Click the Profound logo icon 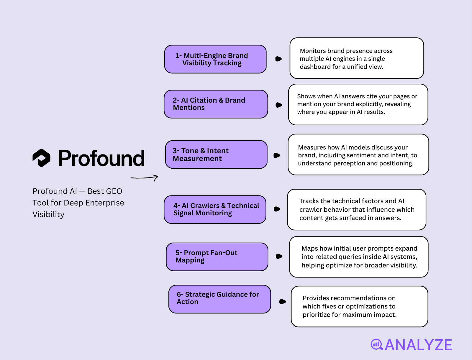[41, 158]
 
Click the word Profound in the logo [101, 158]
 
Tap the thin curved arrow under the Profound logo [144, 177]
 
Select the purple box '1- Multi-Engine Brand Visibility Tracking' [215, 59]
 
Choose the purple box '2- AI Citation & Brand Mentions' [216, 104]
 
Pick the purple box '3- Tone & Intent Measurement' [216, 154]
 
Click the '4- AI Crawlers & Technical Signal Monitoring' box [215, 209]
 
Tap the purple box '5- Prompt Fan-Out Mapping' [217, 257]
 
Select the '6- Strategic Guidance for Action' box [219, 299]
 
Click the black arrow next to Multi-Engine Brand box [278, 59]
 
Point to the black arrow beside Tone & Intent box [277, 155]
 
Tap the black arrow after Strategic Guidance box [282, 302]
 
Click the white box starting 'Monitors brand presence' [357, 58]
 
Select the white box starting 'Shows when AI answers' [358, 104]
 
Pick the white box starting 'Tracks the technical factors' [357, 210]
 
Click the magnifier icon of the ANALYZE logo [377, 344]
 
